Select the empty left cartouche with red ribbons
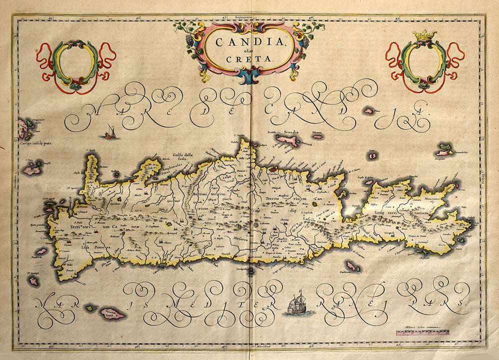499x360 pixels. point(76,65)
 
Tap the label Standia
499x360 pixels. point(291,133)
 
